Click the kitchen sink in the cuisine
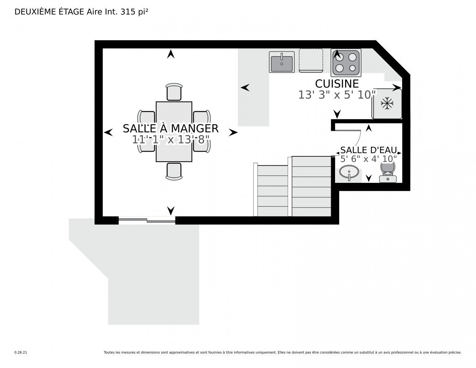[x=282, y=62]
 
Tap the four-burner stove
[x=346, y=62]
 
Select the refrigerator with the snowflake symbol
[x=387, y=103]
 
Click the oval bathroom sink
[x=348, y=172]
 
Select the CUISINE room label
[x=337, y=84]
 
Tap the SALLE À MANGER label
[x=171, y=128]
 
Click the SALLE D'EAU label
[x=368, y=150]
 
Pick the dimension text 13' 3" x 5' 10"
[x=337, y=95]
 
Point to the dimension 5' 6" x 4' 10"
[x=368, y=159]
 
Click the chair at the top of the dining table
[x=174, y=92]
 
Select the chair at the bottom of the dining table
[x=174, y=171]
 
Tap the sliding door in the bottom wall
[x=147, y=220]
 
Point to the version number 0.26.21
[x=21, y=353]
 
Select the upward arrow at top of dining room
[x=170, y=54]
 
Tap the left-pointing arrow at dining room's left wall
[x=108, y=132]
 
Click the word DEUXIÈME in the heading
[x=31, y=12]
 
